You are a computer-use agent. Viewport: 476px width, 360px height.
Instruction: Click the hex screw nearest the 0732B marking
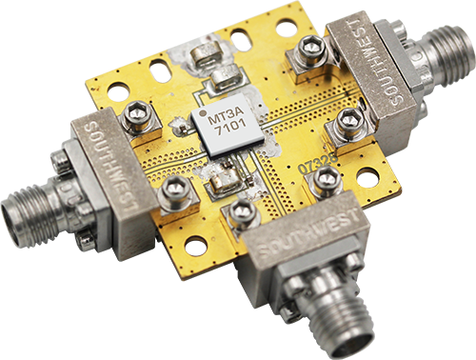(x=327, y=177)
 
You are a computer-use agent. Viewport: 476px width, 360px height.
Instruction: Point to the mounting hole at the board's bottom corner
(x=196, y=246)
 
